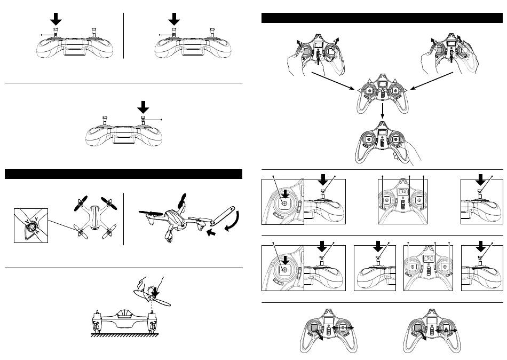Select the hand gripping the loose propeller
pyautogui.click(x=151, y=288)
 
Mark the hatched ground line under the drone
pyautogui.click(x=123, y=336)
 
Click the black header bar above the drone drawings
pyautogui.click(x=123, y=174)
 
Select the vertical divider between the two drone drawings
pyautogui.click(x=123, y=217)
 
